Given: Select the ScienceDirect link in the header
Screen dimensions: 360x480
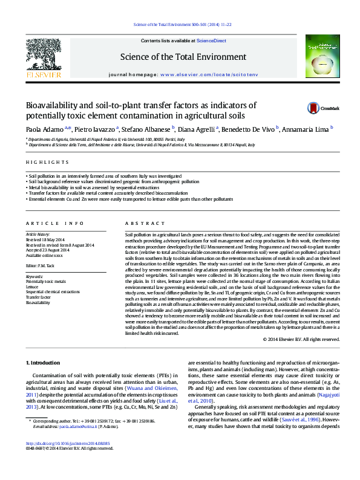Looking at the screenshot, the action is (211, 41).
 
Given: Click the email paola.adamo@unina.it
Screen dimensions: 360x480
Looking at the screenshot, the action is (71, 444).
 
